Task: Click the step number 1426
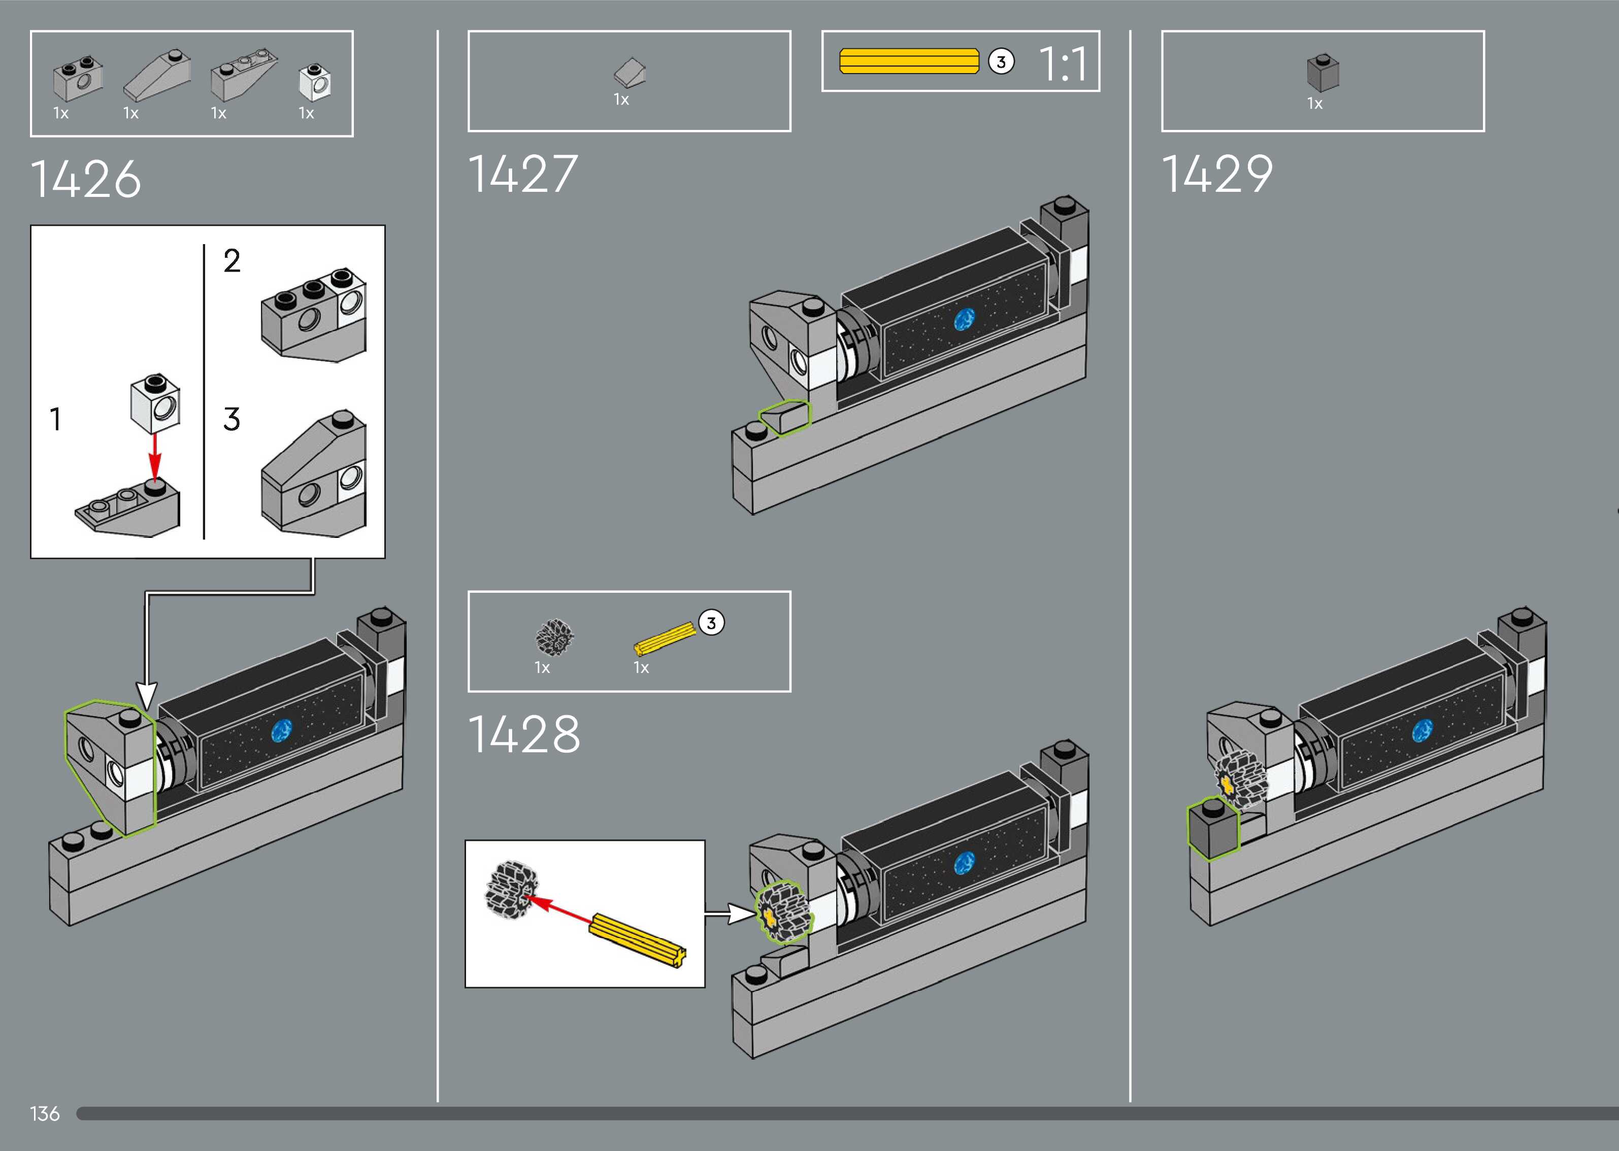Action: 86,179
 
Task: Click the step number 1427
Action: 523,174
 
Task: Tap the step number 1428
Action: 524,733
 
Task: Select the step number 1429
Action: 1217,174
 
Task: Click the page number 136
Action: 45,1113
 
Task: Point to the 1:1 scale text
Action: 1063,64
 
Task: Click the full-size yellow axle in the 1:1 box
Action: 909,61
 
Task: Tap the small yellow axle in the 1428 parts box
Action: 665,638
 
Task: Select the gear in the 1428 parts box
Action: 554,636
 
